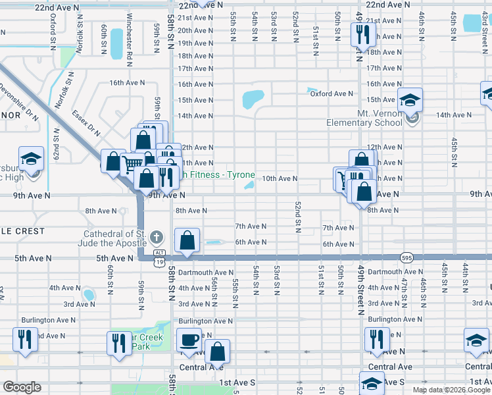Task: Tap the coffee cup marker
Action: click(189, 340)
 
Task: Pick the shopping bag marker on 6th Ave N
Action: click(188, 241)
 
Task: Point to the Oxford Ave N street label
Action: click(332, 93)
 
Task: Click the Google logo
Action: click(22, 387)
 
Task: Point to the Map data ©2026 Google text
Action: click(451, 390)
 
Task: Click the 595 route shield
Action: click(406, 257)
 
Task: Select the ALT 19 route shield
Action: click(159, 257)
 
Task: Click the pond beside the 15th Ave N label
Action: click(253, 99)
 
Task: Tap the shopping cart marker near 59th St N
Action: click(133, 164)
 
